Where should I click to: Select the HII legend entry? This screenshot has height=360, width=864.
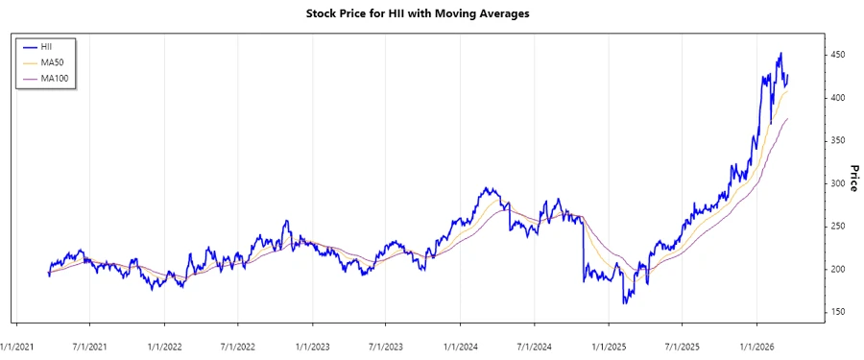coord(46,46)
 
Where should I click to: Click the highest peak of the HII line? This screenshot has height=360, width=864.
coord(780,53)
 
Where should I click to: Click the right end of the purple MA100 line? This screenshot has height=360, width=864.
coord(788,118)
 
